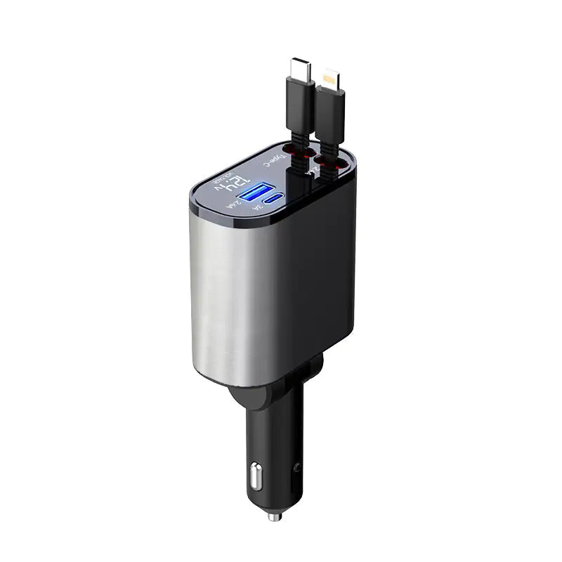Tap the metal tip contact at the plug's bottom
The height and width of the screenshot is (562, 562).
pyautogui.click(x=275, y=516)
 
